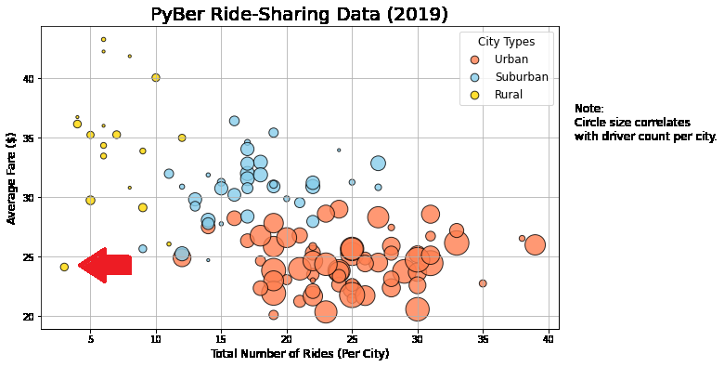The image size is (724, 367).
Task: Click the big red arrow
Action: click(104, 266)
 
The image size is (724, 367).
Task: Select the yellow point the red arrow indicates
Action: click(64, 267)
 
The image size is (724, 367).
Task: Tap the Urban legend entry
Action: click(511, 59)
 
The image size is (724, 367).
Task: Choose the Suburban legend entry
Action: click(521, 77)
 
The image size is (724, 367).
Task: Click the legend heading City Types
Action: click(506, 42)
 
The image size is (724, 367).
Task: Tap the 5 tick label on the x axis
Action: click(90, 338)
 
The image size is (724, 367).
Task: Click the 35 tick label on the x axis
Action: click(483, 338)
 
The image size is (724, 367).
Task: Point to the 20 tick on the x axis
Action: click(287, 338)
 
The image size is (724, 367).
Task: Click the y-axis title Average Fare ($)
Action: click(12, 177)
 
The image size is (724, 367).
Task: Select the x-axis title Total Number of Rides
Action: click(299, 354)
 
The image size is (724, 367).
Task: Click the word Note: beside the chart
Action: click(588, 109)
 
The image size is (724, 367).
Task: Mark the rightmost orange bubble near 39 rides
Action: click(535, 245)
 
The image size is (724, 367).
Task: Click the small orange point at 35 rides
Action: click(483, 283)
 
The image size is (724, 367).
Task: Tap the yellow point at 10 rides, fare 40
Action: click(156, 77)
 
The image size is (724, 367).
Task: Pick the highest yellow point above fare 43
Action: click(103, 39)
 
